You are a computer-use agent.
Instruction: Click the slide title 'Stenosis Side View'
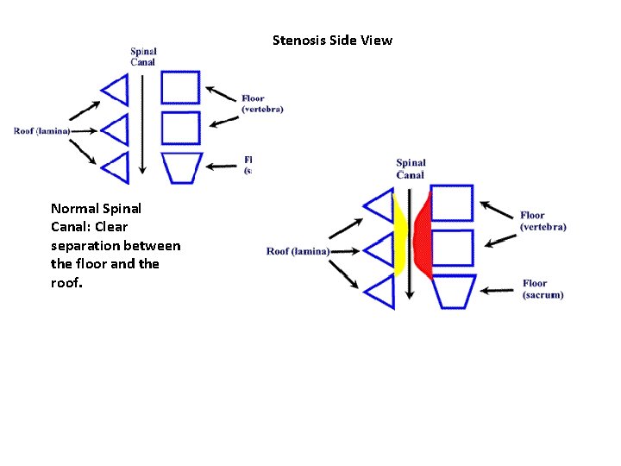click(332, 41)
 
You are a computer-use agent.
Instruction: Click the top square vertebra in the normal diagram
click(181, 88)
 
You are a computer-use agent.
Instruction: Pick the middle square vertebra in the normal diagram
click(181, 128)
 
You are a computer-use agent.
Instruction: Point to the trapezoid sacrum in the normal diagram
click(182, 167)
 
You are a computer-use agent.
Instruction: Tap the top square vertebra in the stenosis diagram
click(451, 204)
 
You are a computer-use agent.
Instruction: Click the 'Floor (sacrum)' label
click(543, 289)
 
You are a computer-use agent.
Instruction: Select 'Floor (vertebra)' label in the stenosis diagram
click(543, 221)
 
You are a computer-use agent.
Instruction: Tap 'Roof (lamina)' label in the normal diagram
click(42, 131)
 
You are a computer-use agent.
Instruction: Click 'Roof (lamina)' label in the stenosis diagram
click(298, 252)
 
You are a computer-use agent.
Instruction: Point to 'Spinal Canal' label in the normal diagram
click(143, 57)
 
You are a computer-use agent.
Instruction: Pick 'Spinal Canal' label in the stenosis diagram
click(411, 169)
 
